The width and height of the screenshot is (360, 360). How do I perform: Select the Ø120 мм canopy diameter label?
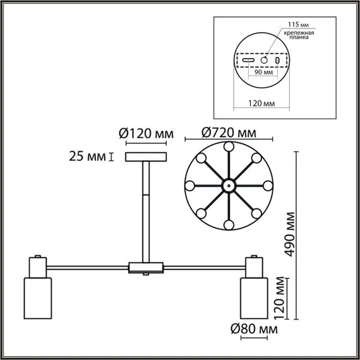point(146,133)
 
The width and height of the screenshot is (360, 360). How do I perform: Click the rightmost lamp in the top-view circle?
point(267,186)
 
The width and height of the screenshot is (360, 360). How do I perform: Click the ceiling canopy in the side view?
point(146,156)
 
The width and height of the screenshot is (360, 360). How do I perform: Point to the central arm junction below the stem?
point(146,268)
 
